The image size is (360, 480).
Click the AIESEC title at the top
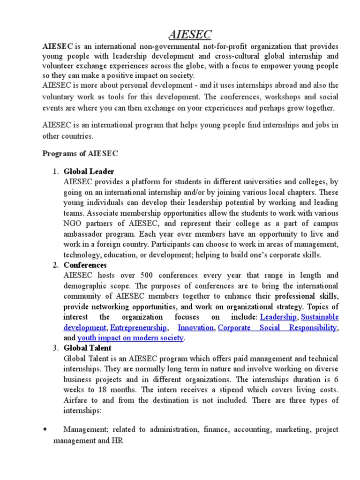[189, 34]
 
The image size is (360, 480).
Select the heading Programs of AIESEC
[81, 153]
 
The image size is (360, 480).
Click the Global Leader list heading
[89, 172]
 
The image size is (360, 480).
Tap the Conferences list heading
[85, 265]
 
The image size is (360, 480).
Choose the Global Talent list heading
[88, 348]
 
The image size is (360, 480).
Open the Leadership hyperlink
[278, 317]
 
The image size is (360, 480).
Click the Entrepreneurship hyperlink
[138, 327]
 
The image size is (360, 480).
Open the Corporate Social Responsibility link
[277, 327]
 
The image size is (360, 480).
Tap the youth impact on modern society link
[131, 337]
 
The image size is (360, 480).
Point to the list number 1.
[55, 172]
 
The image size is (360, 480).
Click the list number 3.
[55, 348]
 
